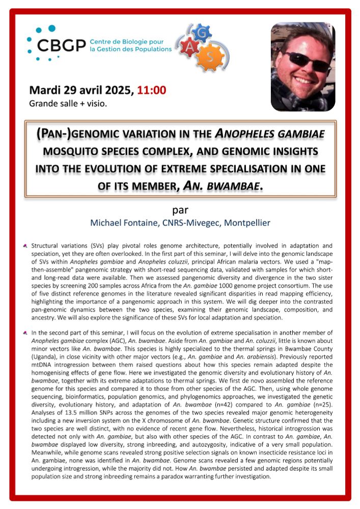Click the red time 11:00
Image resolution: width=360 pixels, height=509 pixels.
[x=152, y=91]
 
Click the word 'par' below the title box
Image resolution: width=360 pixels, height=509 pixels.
[x=180, y=211]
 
